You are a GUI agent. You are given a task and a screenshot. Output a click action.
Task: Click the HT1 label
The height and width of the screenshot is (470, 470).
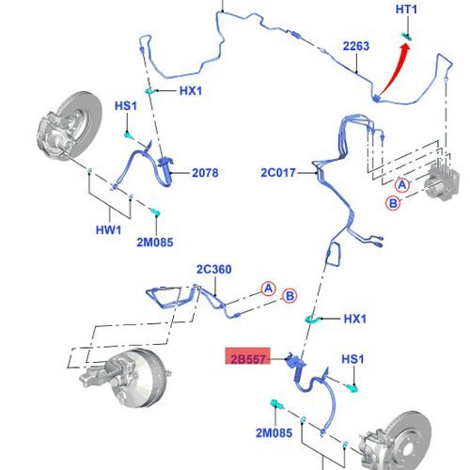coord(406,9)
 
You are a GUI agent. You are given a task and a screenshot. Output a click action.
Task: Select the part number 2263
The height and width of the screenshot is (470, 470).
coord(356,46)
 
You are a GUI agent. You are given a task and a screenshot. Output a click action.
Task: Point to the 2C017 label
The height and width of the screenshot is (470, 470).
coord(278,173)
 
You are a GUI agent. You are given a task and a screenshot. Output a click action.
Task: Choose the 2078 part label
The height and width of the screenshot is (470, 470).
coord(205,173)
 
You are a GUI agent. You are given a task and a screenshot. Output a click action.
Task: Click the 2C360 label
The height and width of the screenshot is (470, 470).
coord(214,270)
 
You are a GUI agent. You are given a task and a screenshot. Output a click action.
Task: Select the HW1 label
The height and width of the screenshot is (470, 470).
coord(108,230)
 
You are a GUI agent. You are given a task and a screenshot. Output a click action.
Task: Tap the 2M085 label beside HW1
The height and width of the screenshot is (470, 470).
coord(155,243)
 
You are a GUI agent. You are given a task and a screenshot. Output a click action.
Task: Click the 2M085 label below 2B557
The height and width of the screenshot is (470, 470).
coord(274,433)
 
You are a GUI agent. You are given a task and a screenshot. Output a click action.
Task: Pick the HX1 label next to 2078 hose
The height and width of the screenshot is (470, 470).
coord(191,91)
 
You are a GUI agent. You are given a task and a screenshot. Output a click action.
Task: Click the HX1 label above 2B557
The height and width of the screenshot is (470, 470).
coord(355,319)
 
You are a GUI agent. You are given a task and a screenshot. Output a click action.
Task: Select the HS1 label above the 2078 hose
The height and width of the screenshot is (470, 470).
coord(126,106)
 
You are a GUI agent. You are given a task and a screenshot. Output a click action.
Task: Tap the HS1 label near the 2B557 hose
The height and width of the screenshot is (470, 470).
coord(352,359)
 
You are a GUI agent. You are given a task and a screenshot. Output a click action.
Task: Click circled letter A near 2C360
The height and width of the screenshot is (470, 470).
coord(269,289)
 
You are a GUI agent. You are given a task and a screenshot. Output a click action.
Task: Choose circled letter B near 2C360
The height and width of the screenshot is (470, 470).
coord(290,296)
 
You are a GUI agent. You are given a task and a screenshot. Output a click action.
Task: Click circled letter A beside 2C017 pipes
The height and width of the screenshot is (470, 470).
coord(402,185)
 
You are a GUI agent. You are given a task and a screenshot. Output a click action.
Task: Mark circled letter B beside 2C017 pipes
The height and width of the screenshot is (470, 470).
coord(393,203)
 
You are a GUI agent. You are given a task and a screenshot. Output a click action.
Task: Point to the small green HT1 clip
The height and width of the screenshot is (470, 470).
coord(407,37)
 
